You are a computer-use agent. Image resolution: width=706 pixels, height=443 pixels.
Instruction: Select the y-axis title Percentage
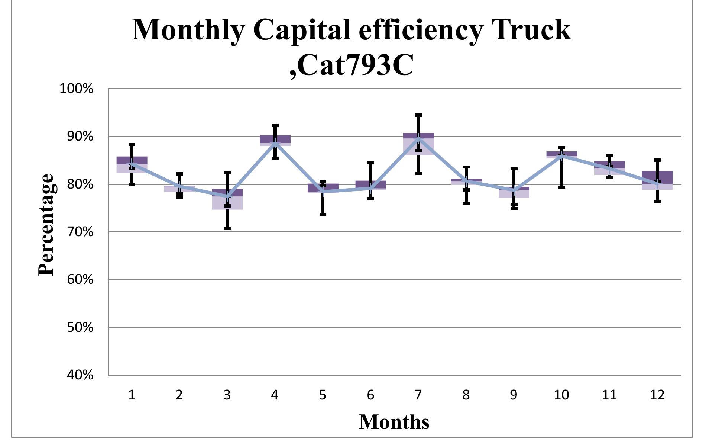(x=47, y=225)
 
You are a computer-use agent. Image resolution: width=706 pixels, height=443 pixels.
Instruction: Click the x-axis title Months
(x=394, y=422)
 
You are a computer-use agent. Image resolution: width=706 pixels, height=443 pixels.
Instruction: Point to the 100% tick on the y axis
(x=76, y=89)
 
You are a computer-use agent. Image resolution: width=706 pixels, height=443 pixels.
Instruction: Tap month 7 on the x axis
(x=418, y=395)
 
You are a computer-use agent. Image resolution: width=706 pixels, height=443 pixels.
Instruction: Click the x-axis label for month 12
(x=657, y=395)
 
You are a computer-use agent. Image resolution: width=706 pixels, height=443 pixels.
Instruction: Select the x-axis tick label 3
(x=227, y=395)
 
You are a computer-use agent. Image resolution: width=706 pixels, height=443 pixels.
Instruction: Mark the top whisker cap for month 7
(x=418, y=115)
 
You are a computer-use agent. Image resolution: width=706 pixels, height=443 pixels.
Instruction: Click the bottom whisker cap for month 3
(x=227, y=228)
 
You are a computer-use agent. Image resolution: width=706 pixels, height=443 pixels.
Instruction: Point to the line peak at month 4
(x=275, y=142)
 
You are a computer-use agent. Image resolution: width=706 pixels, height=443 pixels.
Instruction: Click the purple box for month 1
(x=132, y=164)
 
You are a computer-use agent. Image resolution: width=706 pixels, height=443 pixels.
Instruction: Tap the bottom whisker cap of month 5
(x=323, y=214)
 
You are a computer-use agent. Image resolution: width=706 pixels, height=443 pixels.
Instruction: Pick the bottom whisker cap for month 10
(x=561, y=187)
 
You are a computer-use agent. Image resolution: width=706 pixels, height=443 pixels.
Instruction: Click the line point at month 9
(x=514, y=190)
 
